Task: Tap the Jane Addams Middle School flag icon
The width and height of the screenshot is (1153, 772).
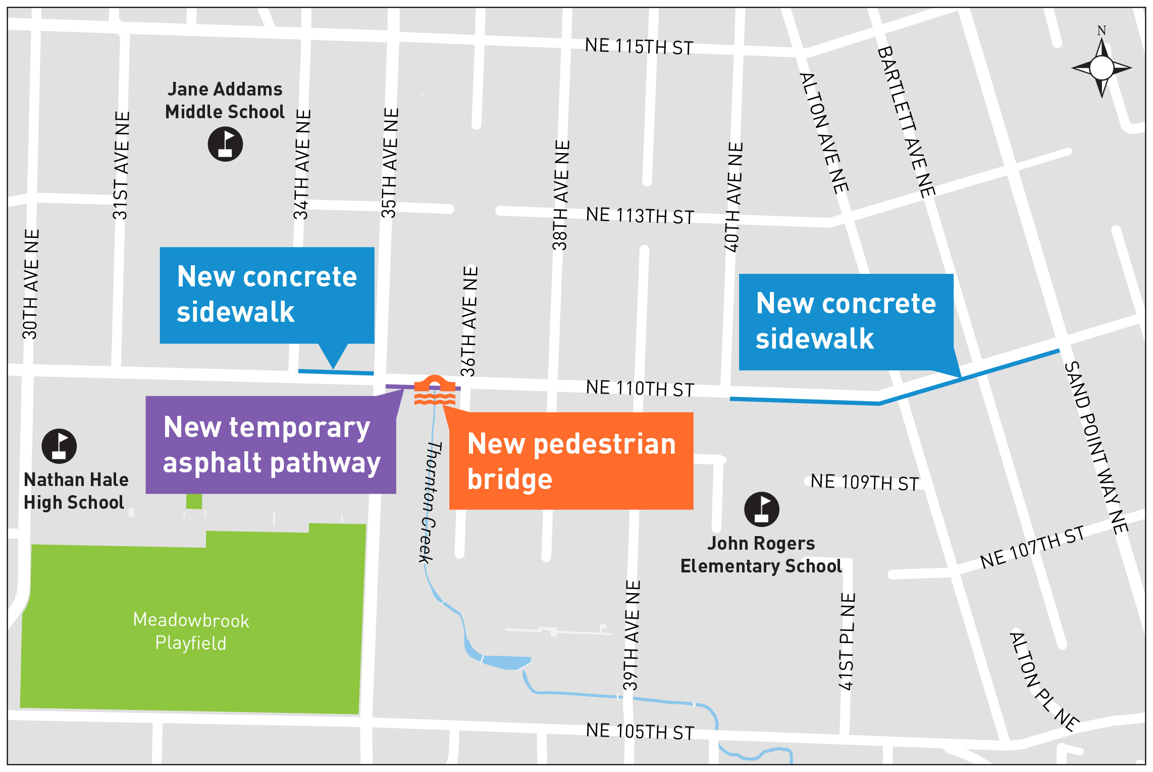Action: [x=225, y=144]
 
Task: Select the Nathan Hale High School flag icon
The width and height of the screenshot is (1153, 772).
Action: [x=59, y=446]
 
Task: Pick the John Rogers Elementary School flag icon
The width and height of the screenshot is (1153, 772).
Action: [x=761, y=509]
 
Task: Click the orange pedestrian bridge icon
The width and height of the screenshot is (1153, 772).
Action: [x=434, y=391]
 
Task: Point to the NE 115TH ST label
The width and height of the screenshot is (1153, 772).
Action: [x=639, y=46]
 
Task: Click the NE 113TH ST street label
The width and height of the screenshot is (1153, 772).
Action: [x=640, y=216]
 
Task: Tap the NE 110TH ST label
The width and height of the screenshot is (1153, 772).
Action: [x=640, y=389]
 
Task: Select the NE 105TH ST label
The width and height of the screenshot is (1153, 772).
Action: [x=640, y=731]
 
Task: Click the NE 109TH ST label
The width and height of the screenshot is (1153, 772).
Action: [x=864, y=482]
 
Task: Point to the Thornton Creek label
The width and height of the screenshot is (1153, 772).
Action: [x=430, y=502]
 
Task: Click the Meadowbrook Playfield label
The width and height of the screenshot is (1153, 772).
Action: [x=191, y=632]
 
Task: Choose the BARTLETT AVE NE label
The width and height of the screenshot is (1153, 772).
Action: [x=906, y=122]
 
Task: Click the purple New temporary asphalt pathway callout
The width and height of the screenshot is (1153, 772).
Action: [x=271, y=445]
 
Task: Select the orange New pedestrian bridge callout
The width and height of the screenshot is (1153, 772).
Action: [x=571, y=461]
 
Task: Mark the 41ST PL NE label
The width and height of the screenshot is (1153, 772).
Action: [x=847, y=641]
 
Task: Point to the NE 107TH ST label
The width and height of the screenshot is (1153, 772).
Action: [x=1032, y=547]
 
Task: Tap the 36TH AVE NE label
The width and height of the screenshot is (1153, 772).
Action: [x=469, y=321]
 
